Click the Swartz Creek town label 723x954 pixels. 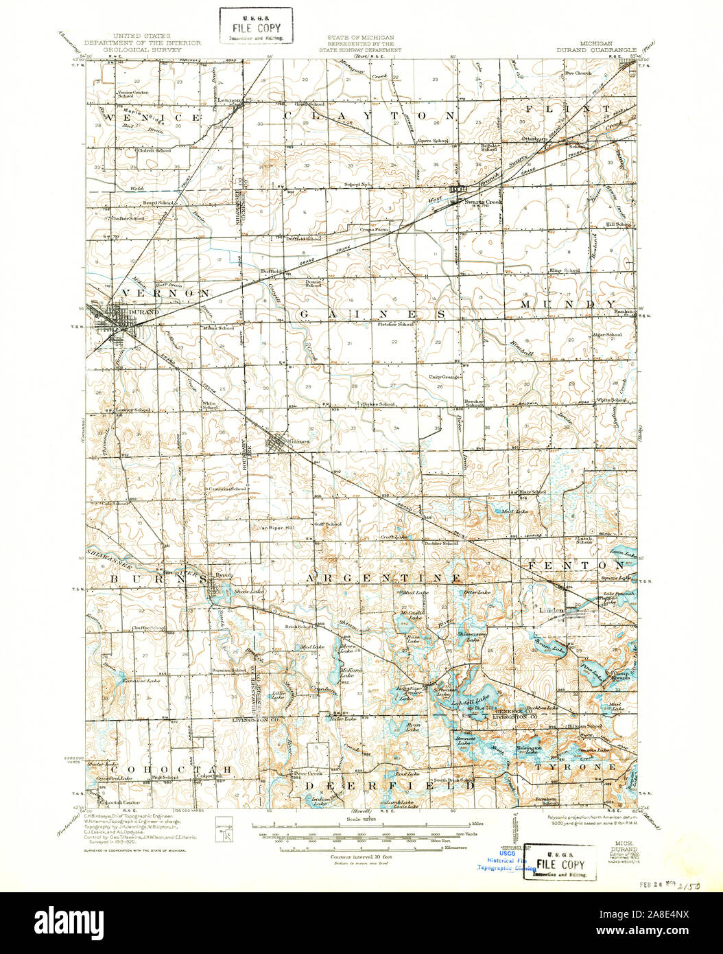(483, 202)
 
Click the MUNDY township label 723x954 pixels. (567, 303)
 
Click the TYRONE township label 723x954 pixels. (576, 767)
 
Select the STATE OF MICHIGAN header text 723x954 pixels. (361, 36)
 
